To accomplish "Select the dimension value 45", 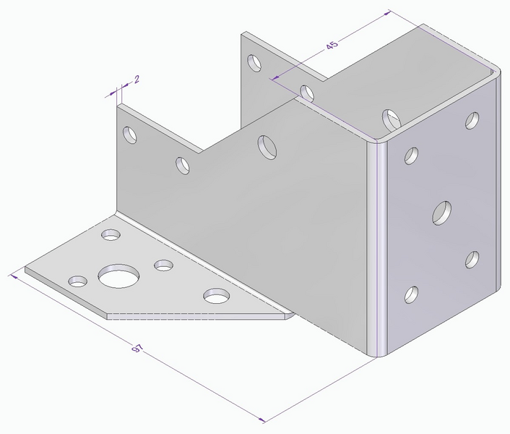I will [332, 45].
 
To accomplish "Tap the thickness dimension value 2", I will [137, 77].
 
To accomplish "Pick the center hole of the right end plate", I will [442, 213].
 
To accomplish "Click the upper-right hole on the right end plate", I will [472, 120].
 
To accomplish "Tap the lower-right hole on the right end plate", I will [472, 259].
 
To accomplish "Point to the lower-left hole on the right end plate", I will [411, 294].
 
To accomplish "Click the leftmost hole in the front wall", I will [130, 135].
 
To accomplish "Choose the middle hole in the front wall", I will [183, 165].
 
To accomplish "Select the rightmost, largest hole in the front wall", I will [267, 145].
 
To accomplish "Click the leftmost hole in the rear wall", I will [254, 63].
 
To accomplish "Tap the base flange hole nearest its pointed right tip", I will [216, 295].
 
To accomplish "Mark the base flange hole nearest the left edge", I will [77, 280].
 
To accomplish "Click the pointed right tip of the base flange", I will [292, 315].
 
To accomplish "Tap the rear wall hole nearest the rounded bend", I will [391, 118].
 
